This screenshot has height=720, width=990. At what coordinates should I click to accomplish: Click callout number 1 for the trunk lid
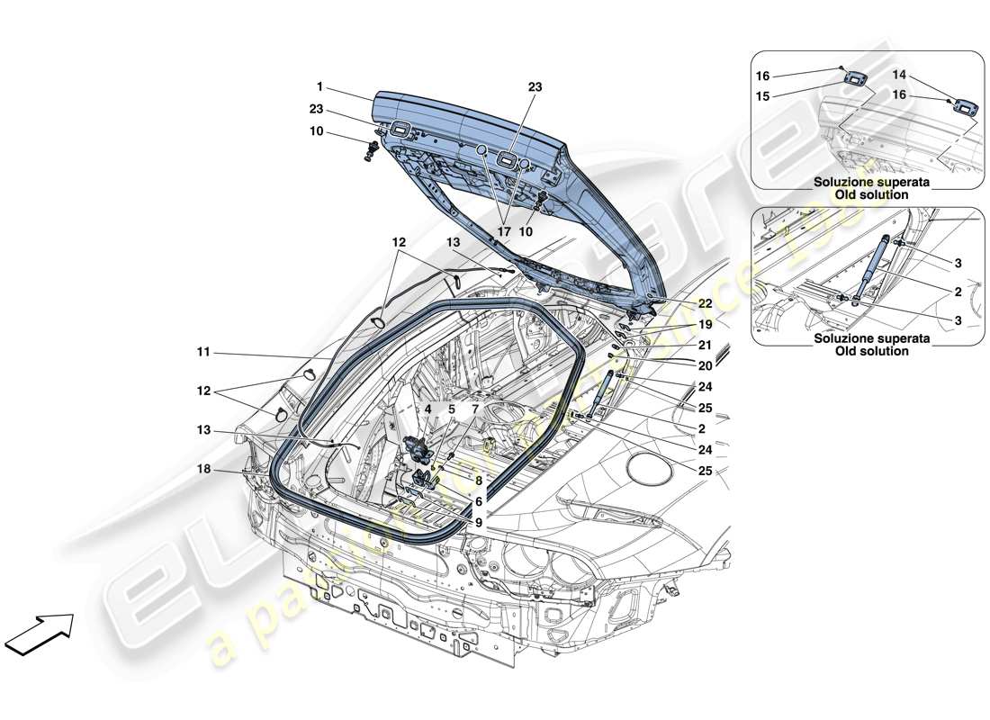pyautogui.click(x=319, y=87)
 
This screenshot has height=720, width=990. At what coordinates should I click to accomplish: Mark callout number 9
pyautogui.click(x=479, y=522)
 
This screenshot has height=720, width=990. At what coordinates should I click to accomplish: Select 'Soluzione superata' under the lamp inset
pyautogui.click(x=859, y=182)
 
